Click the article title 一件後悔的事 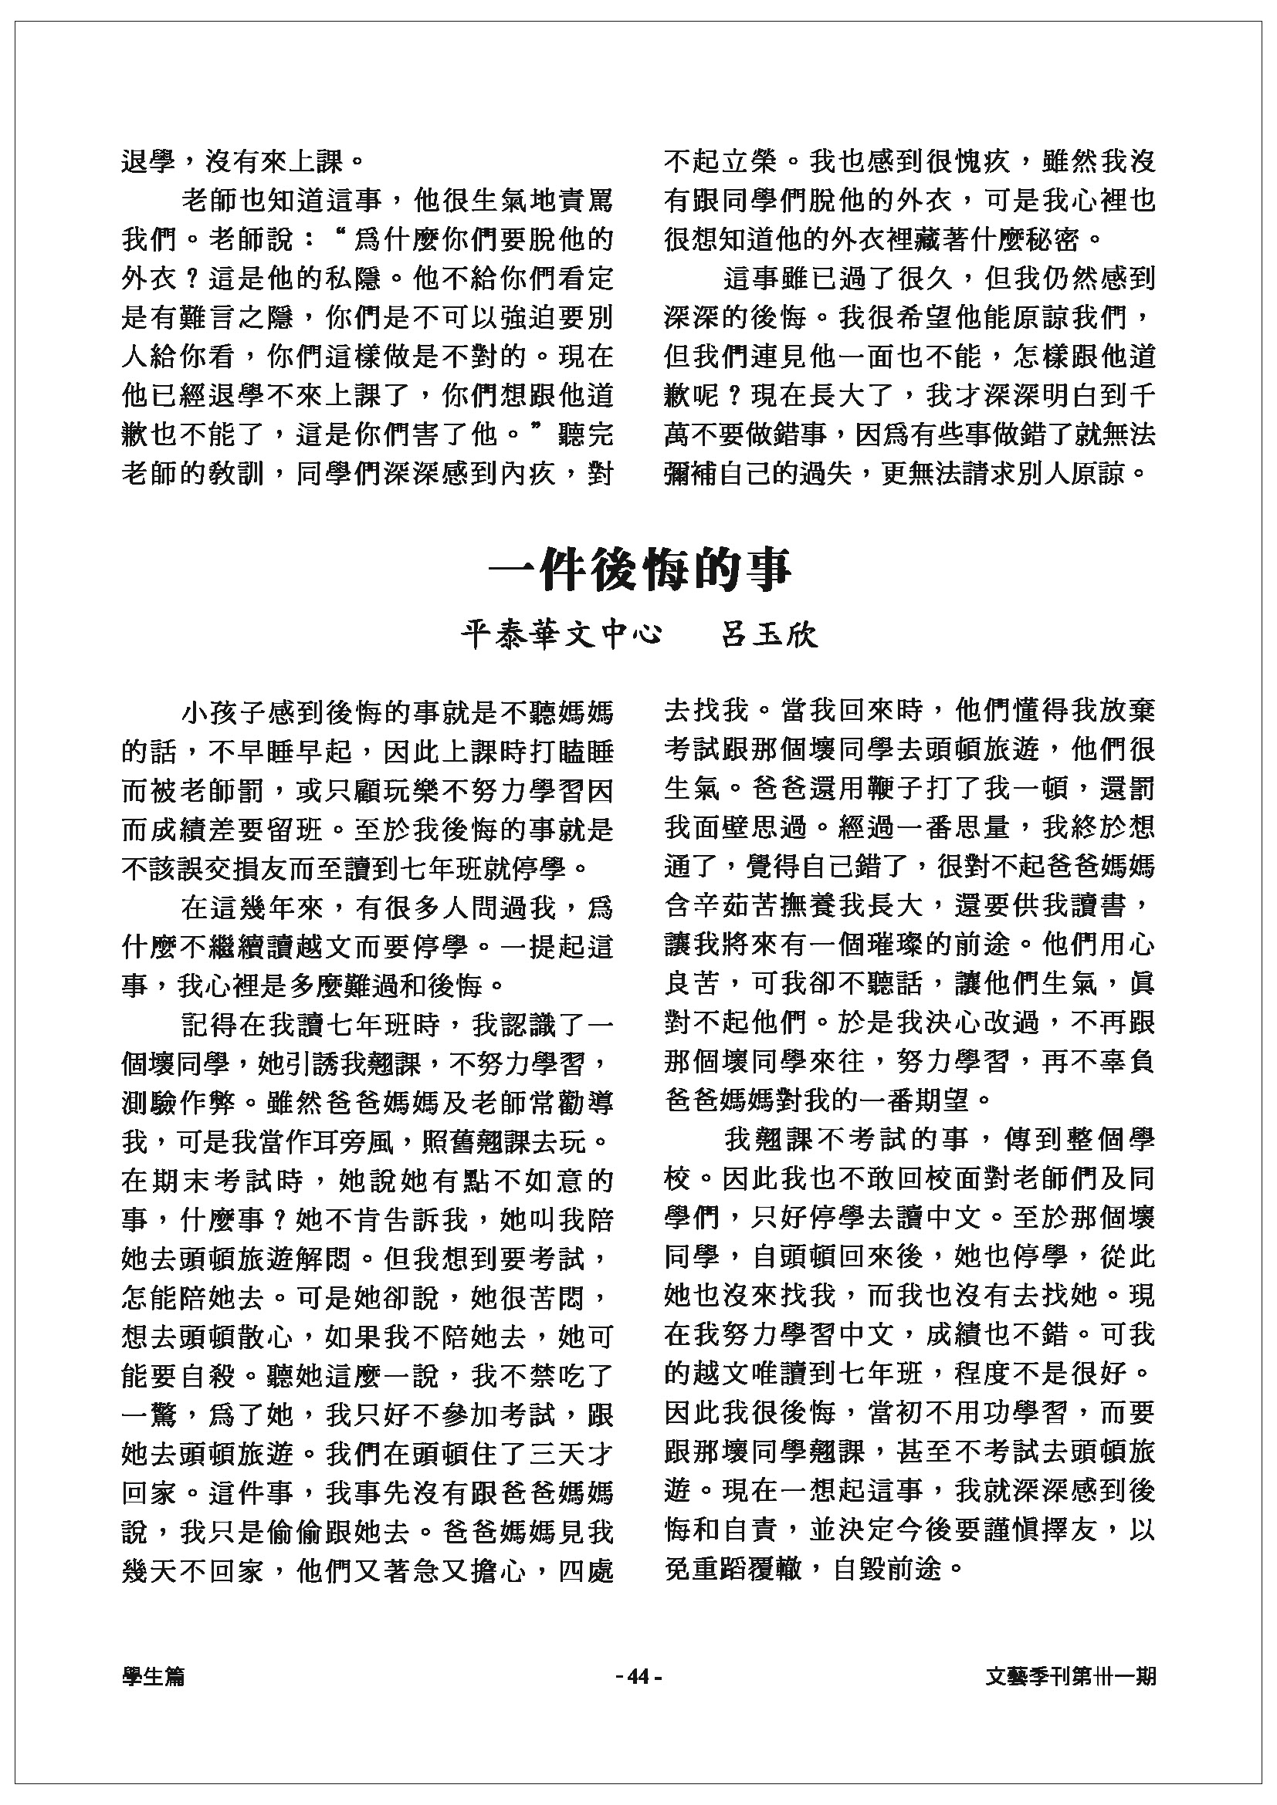pyautogui.click(x=638, y=570)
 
